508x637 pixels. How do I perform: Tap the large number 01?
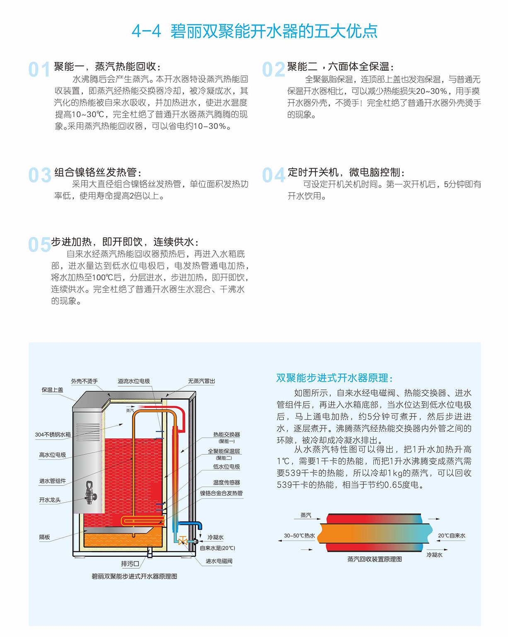point(39,70)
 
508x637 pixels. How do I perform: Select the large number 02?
point(273,70)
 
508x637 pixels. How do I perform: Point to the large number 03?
point(40,175)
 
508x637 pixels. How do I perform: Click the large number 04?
point(274,175)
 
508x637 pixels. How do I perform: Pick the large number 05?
point(39,245)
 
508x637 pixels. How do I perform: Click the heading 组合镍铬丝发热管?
point(98,172)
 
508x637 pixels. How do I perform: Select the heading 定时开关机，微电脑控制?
point(346,172)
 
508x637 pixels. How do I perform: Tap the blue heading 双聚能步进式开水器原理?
point(334,378)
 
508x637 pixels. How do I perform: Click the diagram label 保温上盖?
point(52,390)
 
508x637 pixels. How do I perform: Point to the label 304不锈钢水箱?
point(53,435)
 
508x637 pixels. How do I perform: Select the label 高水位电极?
point(53,455)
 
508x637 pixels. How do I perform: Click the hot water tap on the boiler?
point(90,492)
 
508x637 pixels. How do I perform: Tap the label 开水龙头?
point(50,500)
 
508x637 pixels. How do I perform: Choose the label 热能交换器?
point(226,435)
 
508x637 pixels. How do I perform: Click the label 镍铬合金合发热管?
point(221,493)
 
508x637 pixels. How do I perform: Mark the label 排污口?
point(130,564)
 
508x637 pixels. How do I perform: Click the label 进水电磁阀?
point(219,561)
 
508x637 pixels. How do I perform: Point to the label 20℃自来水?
point(452,536)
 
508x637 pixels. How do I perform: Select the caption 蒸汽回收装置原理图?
point(375,559)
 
